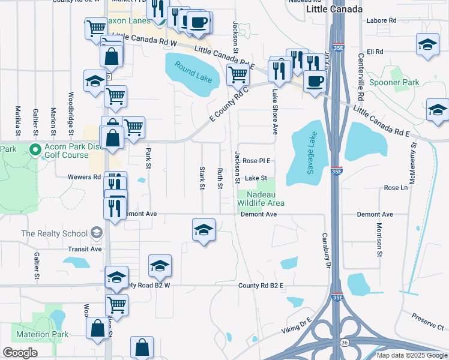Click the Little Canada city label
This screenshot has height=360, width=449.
[334, 10]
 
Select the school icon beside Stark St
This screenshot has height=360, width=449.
[203, 230]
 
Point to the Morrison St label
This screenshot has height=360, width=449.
[379, 236]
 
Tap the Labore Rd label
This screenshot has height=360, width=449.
[384, 20]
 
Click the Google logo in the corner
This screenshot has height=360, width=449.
[20, 352]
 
